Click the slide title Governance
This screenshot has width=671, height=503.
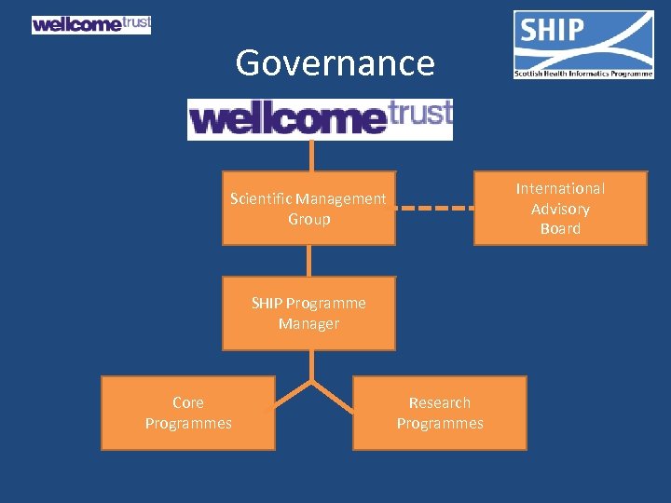335,63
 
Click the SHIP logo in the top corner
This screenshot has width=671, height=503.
583,44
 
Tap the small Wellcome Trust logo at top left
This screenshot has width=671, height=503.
90,24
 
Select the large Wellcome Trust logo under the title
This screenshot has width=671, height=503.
320,119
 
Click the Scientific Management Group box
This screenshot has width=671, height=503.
308,208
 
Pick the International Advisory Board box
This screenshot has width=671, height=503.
559,208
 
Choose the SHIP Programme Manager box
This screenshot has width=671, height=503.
308,313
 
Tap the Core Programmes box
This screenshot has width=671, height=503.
187,413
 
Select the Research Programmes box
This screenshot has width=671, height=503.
439,413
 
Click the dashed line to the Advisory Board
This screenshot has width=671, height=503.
434,208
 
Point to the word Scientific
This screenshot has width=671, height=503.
260,198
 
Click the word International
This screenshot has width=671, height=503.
560,188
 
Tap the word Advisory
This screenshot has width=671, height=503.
560,209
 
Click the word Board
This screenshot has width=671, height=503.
560,228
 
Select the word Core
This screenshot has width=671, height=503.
188,402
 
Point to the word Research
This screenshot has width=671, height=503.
440,402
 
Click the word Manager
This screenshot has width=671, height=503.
308,324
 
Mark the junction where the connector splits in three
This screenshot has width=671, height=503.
310,381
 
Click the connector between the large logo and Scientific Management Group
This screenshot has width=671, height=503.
310,156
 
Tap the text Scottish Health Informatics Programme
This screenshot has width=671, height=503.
583,74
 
